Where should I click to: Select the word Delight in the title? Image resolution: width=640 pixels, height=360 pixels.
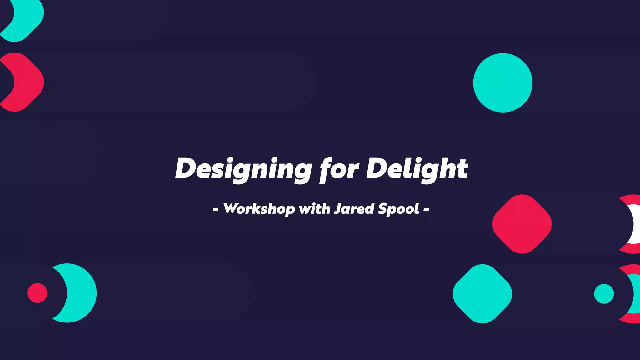417,169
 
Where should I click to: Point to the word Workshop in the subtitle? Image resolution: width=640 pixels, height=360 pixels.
259,209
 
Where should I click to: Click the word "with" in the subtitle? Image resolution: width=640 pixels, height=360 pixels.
314,209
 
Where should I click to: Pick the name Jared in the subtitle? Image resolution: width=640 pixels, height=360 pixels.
354,209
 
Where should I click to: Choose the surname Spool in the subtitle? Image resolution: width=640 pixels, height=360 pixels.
398,209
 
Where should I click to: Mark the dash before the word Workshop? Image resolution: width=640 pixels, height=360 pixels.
215,209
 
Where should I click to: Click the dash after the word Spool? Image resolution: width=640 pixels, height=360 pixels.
426,209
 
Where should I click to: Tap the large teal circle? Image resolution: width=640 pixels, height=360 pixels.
502,83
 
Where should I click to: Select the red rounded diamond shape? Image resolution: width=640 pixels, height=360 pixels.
522,224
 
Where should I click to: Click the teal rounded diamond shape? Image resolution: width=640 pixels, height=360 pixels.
482,294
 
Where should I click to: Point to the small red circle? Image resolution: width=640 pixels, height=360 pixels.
37,293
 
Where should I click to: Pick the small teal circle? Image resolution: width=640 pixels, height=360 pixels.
604,294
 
